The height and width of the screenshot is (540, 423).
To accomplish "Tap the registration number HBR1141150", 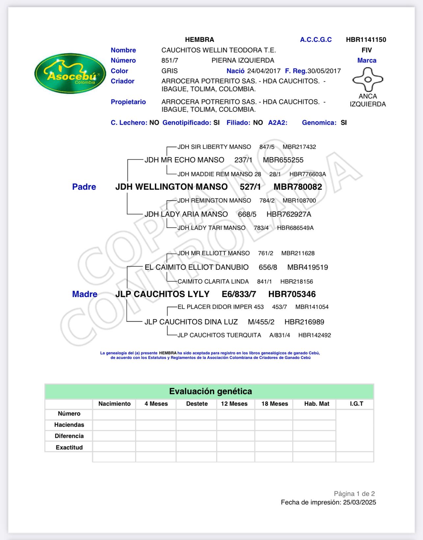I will tap(366, 40).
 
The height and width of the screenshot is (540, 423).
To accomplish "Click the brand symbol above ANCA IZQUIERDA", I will tap(368, 79).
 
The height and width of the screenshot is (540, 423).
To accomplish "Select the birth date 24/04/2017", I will tap(264, 71).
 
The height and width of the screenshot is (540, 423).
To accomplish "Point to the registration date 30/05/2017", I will tap(324, 71).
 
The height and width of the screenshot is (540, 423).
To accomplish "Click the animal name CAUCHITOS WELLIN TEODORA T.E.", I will tap(218, 50).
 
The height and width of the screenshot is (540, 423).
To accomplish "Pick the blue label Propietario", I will tap(128, 102).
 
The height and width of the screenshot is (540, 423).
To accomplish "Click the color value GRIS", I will tap(169, 71).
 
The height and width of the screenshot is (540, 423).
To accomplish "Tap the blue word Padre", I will tap(84, 187).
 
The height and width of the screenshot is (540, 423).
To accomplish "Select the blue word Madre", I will tap(85, 294).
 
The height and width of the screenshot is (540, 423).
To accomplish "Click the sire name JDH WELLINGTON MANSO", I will tap(171, 187).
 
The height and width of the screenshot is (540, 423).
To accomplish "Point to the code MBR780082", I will tap(298, 187).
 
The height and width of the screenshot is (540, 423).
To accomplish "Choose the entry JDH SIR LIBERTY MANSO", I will tap(214, 147).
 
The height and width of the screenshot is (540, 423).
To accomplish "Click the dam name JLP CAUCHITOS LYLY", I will tap(162, 294).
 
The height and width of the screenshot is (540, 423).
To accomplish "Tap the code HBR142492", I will tap(315, 335).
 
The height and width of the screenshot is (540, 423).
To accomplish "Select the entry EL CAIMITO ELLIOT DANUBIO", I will tap(197, 267).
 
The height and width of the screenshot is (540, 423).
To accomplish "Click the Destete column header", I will tap(197, 404).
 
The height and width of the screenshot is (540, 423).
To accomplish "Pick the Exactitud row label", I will tap(69, 447).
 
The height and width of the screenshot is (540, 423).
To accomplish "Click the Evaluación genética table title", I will tap(211, 391).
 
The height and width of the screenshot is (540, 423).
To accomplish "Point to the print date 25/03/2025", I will tap(359, 502).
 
